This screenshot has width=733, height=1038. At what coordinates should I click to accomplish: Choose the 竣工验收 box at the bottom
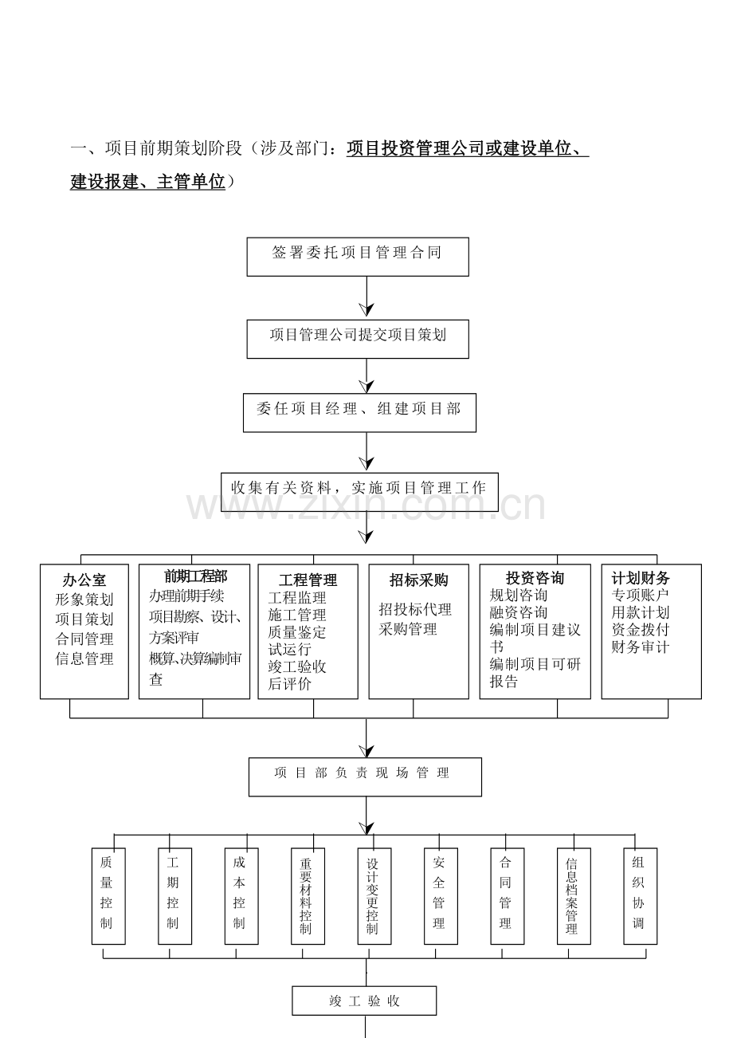point(364,1001)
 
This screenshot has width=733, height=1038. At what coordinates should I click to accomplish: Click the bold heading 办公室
point(84,580)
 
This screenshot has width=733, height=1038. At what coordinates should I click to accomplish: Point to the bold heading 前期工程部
point(196,576)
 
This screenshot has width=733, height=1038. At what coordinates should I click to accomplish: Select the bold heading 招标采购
point(419,580)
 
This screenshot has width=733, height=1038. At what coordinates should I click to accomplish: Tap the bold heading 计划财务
point(641,578)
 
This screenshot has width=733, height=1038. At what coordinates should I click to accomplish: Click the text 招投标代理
point(415,609)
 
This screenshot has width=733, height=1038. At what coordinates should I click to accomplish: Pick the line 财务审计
point(641,647)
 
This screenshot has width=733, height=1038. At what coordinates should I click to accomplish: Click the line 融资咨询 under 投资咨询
point(519,612)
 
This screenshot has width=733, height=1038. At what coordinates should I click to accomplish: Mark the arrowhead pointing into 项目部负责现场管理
point(366,752)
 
